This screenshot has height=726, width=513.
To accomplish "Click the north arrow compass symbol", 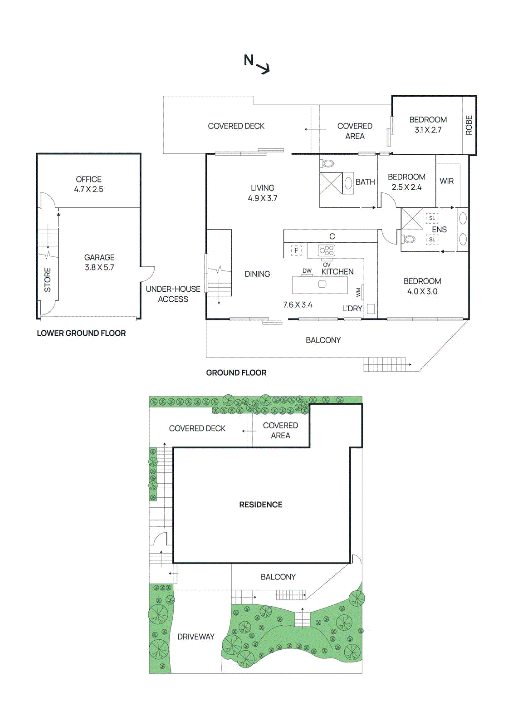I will pos(257,64).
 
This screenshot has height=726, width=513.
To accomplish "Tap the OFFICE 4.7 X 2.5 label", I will pos(89,184).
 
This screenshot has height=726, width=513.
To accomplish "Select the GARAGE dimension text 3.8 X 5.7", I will pos(99,268).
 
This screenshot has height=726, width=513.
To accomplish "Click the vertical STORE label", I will pos(48,280).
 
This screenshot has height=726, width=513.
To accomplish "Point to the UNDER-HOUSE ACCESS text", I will pos(173,294).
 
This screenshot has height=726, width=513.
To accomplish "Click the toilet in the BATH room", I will pos(328,163).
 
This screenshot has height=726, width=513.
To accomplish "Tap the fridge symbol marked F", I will pos(296,250).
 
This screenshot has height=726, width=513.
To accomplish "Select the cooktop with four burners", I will pos(327,250).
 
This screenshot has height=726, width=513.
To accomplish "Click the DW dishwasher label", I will pos(307,271).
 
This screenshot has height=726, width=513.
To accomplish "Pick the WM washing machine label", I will pos(358,293).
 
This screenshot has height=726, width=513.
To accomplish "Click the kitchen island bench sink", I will pos(322,285).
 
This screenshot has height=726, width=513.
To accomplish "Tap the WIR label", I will pos(446,181).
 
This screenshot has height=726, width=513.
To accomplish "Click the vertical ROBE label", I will pos(469,125).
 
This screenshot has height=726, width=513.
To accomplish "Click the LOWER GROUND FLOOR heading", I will pos(81,333).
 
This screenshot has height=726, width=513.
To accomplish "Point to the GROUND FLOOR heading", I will pos(236,373).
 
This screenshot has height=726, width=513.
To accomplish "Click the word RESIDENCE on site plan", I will pos(261,505).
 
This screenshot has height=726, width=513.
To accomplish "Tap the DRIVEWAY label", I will pos(196,637).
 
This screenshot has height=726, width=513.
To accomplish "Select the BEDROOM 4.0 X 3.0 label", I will pos(422,286).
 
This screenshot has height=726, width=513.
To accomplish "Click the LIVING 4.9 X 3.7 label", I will pos(263,193).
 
